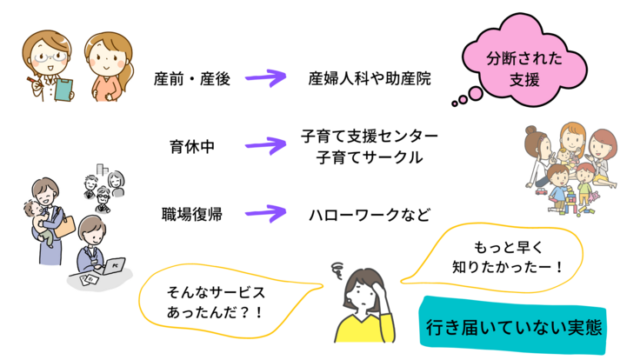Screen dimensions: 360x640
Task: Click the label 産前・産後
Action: pyautogui.click(x=191, y=79)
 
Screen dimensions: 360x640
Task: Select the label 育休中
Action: pyautogui.click(x=191, y=146)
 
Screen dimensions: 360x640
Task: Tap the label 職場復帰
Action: pyautogui.click(x=191, y=213)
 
